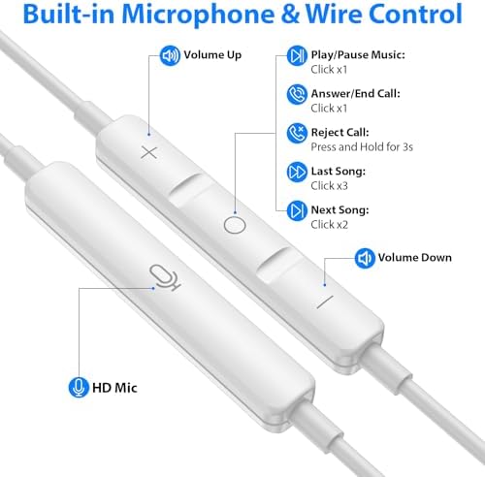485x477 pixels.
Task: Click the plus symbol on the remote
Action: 149,152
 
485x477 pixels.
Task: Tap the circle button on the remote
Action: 235,225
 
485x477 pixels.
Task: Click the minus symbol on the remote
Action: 325,302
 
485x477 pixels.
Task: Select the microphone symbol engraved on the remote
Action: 165,277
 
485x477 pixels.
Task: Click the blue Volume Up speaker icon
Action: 170,55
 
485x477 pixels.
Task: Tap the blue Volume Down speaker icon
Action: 365,258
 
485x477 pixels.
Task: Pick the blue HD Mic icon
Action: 79,387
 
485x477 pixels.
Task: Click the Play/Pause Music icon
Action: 297,55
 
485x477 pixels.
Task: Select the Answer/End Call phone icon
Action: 297,94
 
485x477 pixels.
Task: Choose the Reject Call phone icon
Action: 297,133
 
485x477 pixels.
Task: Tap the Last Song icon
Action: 297,172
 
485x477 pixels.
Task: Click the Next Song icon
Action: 297,210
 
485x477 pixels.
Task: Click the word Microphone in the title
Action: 198,15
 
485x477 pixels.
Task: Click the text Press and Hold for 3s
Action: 362,147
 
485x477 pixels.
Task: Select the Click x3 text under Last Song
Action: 329,186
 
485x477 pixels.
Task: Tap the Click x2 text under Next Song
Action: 329,225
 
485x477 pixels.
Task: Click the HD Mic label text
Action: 114,388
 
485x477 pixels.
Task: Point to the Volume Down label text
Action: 415,258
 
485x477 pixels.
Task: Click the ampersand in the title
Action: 290,14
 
